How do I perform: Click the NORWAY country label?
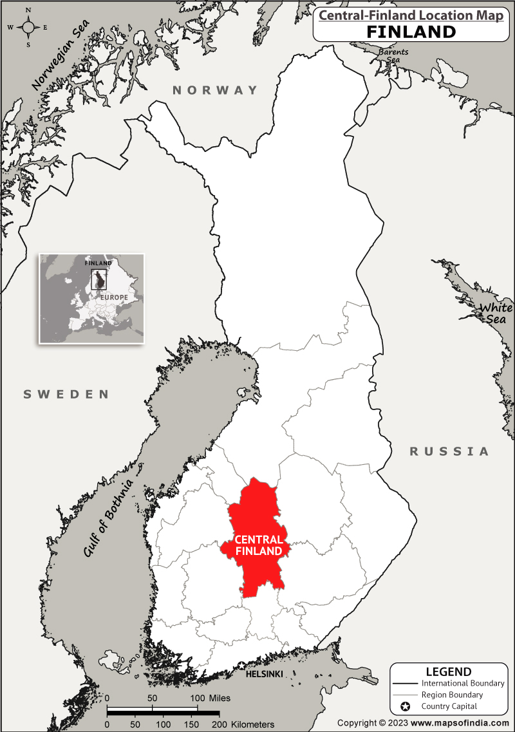tap(215, 91)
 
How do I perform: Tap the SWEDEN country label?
tap(66, 394)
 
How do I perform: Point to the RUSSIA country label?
tap(449, 451)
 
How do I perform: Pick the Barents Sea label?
tap(392, 56)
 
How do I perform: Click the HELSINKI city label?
tap(265, 674)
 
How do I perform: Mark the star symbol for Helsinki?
tap(241, 666)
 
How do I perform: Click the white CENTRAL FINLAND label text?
tap(258, 545)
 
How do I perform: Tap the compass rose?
tap(28, 27)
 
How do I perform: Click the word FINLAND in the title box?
tap(411, 32)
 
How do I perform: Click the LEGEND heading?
tap(448, 671)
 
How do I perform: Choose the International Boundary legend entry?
tap(463, 683)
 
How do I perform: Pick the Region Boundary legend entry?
tap(452, 695)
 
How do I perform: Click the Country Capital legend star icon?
tap(406, 706)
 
